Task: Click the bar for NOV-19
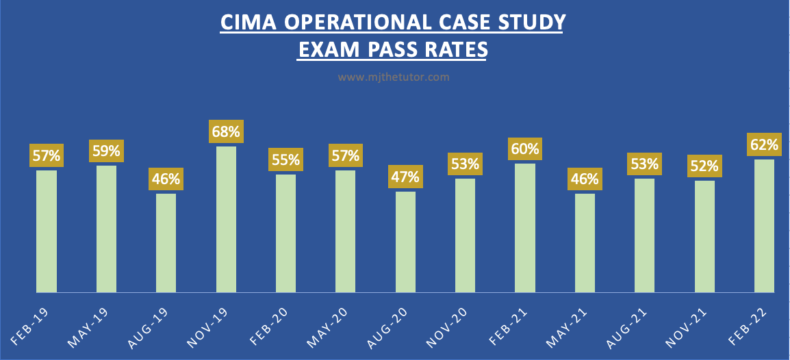coord(226,219)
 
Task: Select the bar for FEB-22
coord(764,225)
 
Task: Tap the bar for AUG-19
coord(166,242)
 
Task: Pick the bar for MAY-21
coord(585,242)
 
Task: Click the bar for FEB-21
coord(525,227)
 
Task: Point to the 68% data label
coord(226,131)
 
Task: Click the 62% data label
coord(764,144)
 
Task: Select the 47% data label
coord(405,177)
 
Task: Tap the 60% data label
coord(525,148)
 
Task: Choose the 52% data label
coord(704,166)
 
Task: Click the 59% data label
coord(106,150)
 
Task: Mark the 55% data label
coord(285,159)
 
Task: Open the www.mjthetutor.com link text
coord(394,77)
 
